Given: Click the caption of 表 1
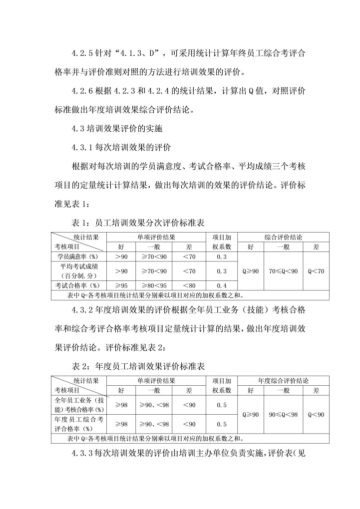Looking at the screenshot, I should coord(139,223).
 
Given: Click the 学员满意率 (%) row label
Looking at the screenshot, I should coord(78,256).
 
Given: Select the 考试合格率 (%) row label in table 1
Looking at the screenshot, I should coord(78,285).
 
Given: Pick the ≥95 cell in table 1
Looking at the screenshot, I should coord(121,285).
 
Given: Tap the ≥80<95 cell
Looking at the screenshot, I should coord(154,285).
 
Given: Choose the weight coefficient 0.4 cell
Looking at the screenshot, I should coord(222,285).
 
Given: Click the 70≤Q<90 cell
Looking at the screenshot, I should coord(283,271).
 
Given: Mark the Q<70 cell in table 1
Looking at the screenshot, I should coord(316,271).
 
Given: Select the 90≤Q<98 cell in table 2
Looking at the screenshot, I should coord(283,415).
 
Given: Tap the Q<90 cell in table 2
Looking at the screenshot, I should coord(316,415).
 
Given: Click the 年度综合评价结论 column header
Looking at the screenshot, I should coord(283,381).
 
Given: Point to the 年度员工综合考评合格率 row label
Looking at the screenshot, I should coord(78,424).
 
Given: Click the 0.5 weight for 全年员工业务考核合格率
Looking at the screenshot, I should coord(222,405).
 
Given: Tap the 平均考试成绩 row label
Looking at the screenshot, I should coord(78,270).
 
